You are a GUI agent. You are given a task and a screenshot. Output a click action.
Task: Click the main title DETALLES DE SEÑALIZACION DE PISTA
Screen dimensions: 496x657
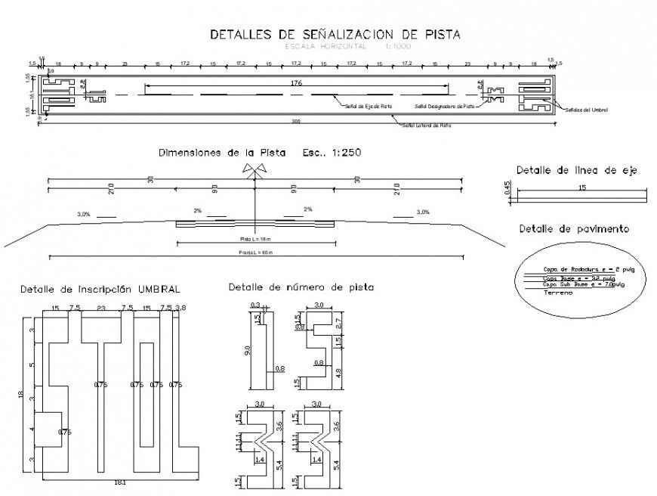pos(335,34)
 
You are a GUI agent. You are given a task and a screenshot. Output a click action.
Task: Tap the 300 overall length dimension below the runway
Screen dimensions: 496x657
pos(297,121)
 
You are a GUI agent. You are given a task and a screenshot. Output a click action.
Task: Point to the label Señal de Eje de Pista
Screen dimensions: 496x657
pos(369,107)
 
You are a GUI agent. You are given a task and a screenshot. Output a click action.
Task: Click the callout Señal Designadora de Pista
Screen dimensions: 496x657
pos(446,107)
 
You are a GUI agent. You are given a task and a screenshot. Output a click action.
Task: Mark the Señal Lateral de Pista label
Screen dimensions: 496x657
pos(426,126)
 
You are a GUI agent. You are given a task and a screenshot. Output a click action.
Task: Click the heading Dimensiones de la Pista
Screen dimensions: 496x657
pos(223,153)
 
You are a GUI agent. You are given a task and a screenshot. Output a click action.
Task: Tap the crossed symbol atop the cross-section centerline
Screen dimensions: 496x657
pos(254,172)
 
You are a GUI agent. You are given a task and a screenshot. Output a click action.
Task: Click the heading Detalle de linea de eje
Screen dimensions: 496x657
pos(576,171)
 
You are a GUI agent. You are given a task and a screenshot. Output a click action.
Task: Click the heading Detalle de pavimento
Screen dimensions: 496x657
pos(574,228)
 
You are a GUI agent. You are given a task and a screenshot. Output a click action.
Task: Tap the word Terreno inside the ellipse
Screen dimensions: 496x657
pos(559,293)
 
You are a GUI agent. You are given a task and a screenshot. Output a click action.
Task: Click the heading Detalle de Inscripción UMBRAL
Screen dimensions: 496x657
pos(100,289)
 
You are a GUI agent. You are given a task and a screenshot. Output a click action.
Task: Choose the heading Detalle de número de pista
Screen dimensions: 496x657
pos(301,287)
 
